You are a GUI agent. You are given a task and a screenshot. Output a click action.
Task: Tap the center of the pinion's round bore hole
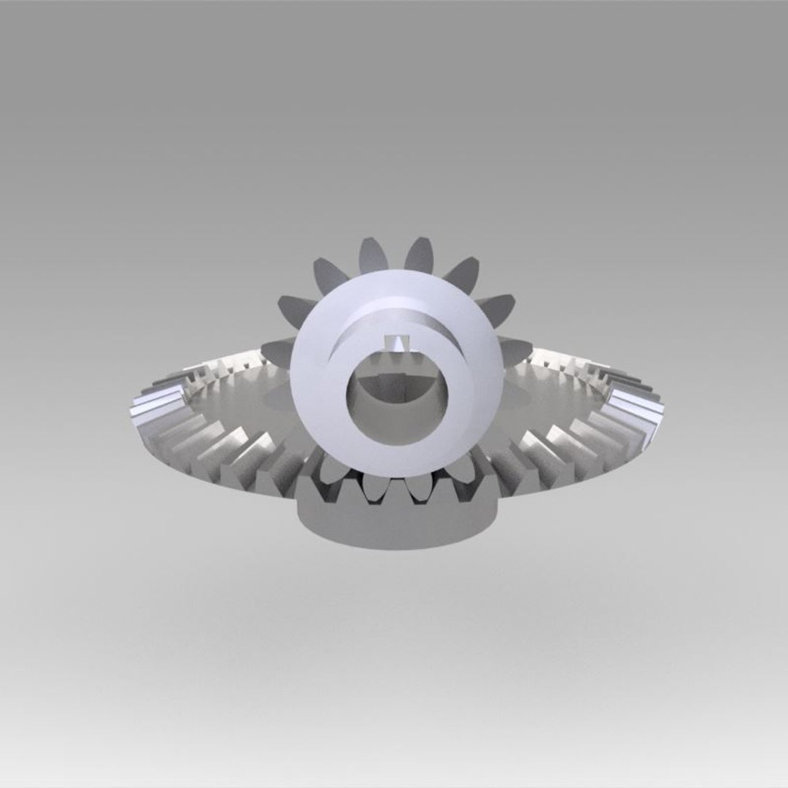(397, 398)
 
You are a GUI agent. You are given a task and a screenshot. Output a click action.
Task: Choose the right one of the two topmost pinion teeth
(419, 256)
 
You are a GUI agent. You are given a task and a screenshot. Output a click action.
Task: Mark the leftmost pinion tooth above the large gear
(276, 351)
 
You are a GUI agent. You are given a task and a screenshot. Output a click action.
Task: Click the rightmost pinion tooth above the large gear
(515, 349)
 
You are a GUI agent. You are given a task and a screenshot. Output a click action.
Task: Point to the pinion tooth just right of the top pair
(462, 274)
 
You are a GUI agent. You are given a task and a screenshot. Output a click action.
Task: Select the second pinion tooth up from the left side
(296, 309)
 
